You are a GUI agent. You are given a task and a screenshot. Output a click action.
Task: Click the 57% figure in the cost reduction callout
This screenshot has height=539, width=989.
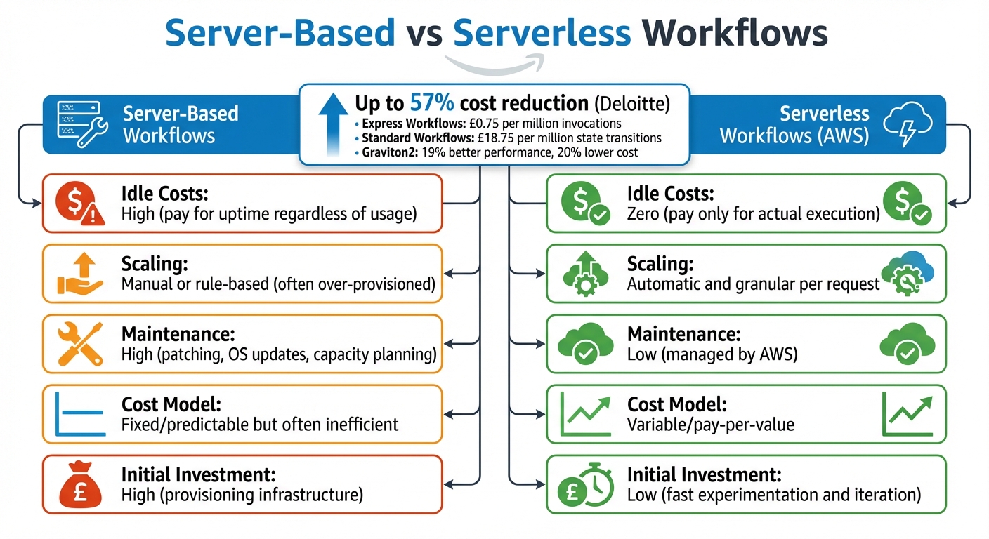[x=431, y=104]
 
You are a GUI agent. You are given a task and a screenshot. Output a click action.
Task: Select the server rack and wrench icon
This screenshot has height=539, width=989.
[x=79, y=125]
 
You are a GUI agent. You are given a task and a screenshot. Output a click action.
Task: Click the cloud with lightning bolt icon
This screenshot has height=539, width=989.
[x=908, y=125]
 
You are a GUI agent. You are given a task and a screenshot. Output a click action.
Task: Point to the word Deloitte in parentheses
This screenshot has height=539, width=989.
[x=632, y=105]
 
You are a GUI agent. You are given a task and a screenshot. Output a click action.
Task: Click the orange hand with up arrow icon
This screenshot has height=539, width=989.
[x=79, y=274]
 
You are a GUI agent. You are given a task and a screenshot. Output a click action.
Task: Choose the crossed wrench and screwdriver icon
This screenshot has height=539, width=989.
[x=79, y=344]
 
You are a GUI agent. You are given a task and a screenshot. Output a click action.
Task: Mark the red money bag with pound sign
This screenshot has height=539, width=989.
[x=79, y=484]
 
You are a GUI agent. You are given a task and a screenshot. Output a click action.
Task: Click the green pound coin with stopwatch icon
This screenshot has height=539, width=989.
[x=582, y=484]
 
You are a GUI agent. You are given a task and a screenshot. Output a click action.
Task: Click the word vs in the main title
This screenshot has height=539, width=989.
[x=423, y=34]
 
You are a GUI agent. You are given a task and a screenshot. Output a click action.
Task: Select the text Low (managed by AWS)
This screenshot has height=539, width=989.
[x=712, y=354]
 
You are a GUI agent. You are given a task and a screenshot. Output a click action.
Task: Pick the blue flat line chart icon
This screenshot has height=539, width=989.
[x=79, y=414]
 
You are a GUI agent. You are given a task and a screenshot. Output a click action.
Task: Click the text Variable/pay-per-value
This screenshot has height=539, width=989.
[x=710, y=425]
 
